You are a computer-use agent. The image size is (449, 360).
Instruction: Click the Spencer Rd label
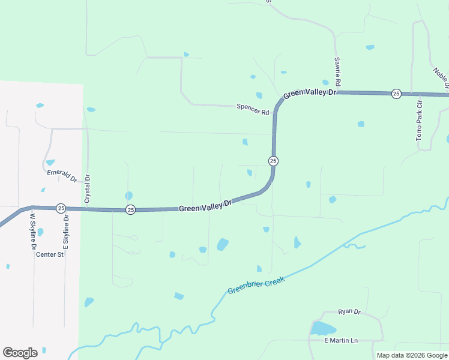(x=253, y=110)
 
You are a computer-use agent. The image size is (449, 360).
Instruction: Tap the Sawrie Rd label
(x=338, y=71)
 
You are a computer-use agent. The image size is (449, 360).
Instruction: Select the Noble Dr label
(x=441, y=78)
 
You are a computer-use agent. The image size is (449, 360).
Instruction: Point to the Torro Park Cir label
(x=420, y=121)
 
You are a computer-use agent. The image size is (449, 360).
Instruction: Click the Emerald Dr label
(x=62, y=176)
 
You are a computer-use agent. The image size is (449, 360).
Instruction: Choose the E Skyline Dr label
(x=67, y=231)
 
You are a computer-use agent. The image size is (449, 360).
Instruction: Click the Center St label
(x=50, y=254)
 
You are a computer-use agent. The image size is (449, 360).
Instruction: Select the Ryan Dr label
(x=349, y=311)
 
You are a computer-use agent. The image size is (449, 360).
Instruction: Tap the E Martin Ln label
(x=340, y=341)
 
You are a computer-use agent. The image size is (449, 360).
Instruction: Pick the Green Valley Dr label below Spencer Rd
(x=205, y=205)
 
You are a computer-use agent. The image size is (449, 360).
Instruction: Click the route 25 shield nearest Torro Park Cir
(x=396, y=93)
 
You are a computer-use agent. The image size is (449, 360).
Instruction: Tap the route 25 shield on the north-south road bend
(x=273, y=161)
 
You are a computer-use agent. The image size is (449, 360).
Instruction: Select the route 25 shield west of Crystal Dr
(x=61, y=208)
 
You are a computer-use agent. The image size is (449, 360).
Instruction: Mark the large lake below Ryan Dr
(x=323, y=328)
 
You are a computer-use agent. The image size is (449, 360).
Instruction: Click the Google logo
(x=20, y=353)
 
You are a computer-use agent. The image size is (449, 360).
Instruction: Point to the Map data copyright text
(x=412, y=355)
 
